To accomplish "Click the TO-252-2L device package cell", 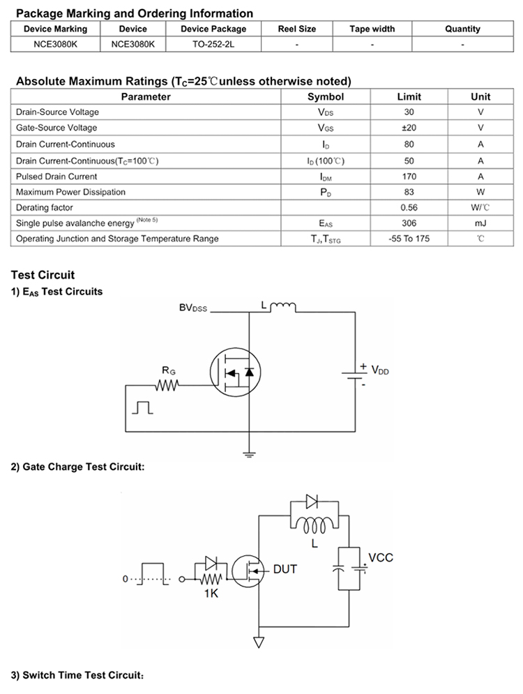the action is click(213, 44).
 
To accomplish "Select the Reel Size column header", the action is click(297, 29).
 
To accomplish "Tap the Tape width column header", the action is click(372, 29).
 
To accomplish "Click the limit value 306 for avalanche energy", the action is click(409, 223).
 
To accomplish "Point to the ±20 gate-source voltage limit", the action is click(409, 128).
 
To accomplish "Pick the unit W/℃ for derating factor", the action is click(480, 208).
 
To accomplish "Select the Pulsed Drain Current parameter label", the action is click(56, 176).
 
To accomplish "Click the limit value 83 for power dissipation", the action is click(409, 192).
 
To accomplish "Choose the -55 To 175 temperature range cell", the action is click(409, 239).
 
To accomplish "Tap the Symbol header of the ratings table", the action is click(325, 96).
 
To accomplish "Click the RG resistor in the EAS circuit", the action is click(167, 385).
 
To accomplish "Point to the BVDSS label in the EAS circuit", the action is click(193, 308).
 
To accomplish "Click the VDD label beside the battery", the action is click(380, 370).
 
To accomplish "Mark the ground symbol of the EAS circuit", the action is click(250, 454).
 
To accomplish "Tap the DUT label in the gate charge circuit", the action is click(285, 569).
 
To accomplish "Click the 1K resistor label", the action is click(211, 593).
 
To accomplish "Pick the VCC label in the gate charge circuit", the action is click(381, 558).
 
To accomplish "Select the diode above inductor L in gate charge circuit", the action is click(312, 501).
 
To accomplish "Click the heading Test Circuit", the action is click(43, 275).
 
